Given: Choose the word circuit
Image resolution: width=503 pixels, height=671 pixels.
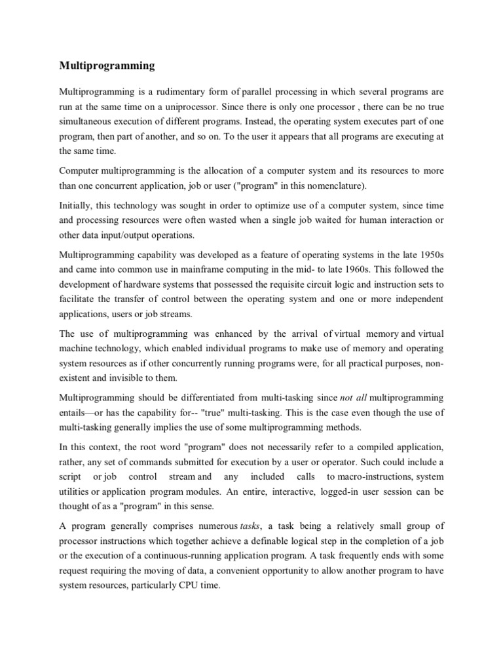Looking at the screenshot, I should click(309, 285).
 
